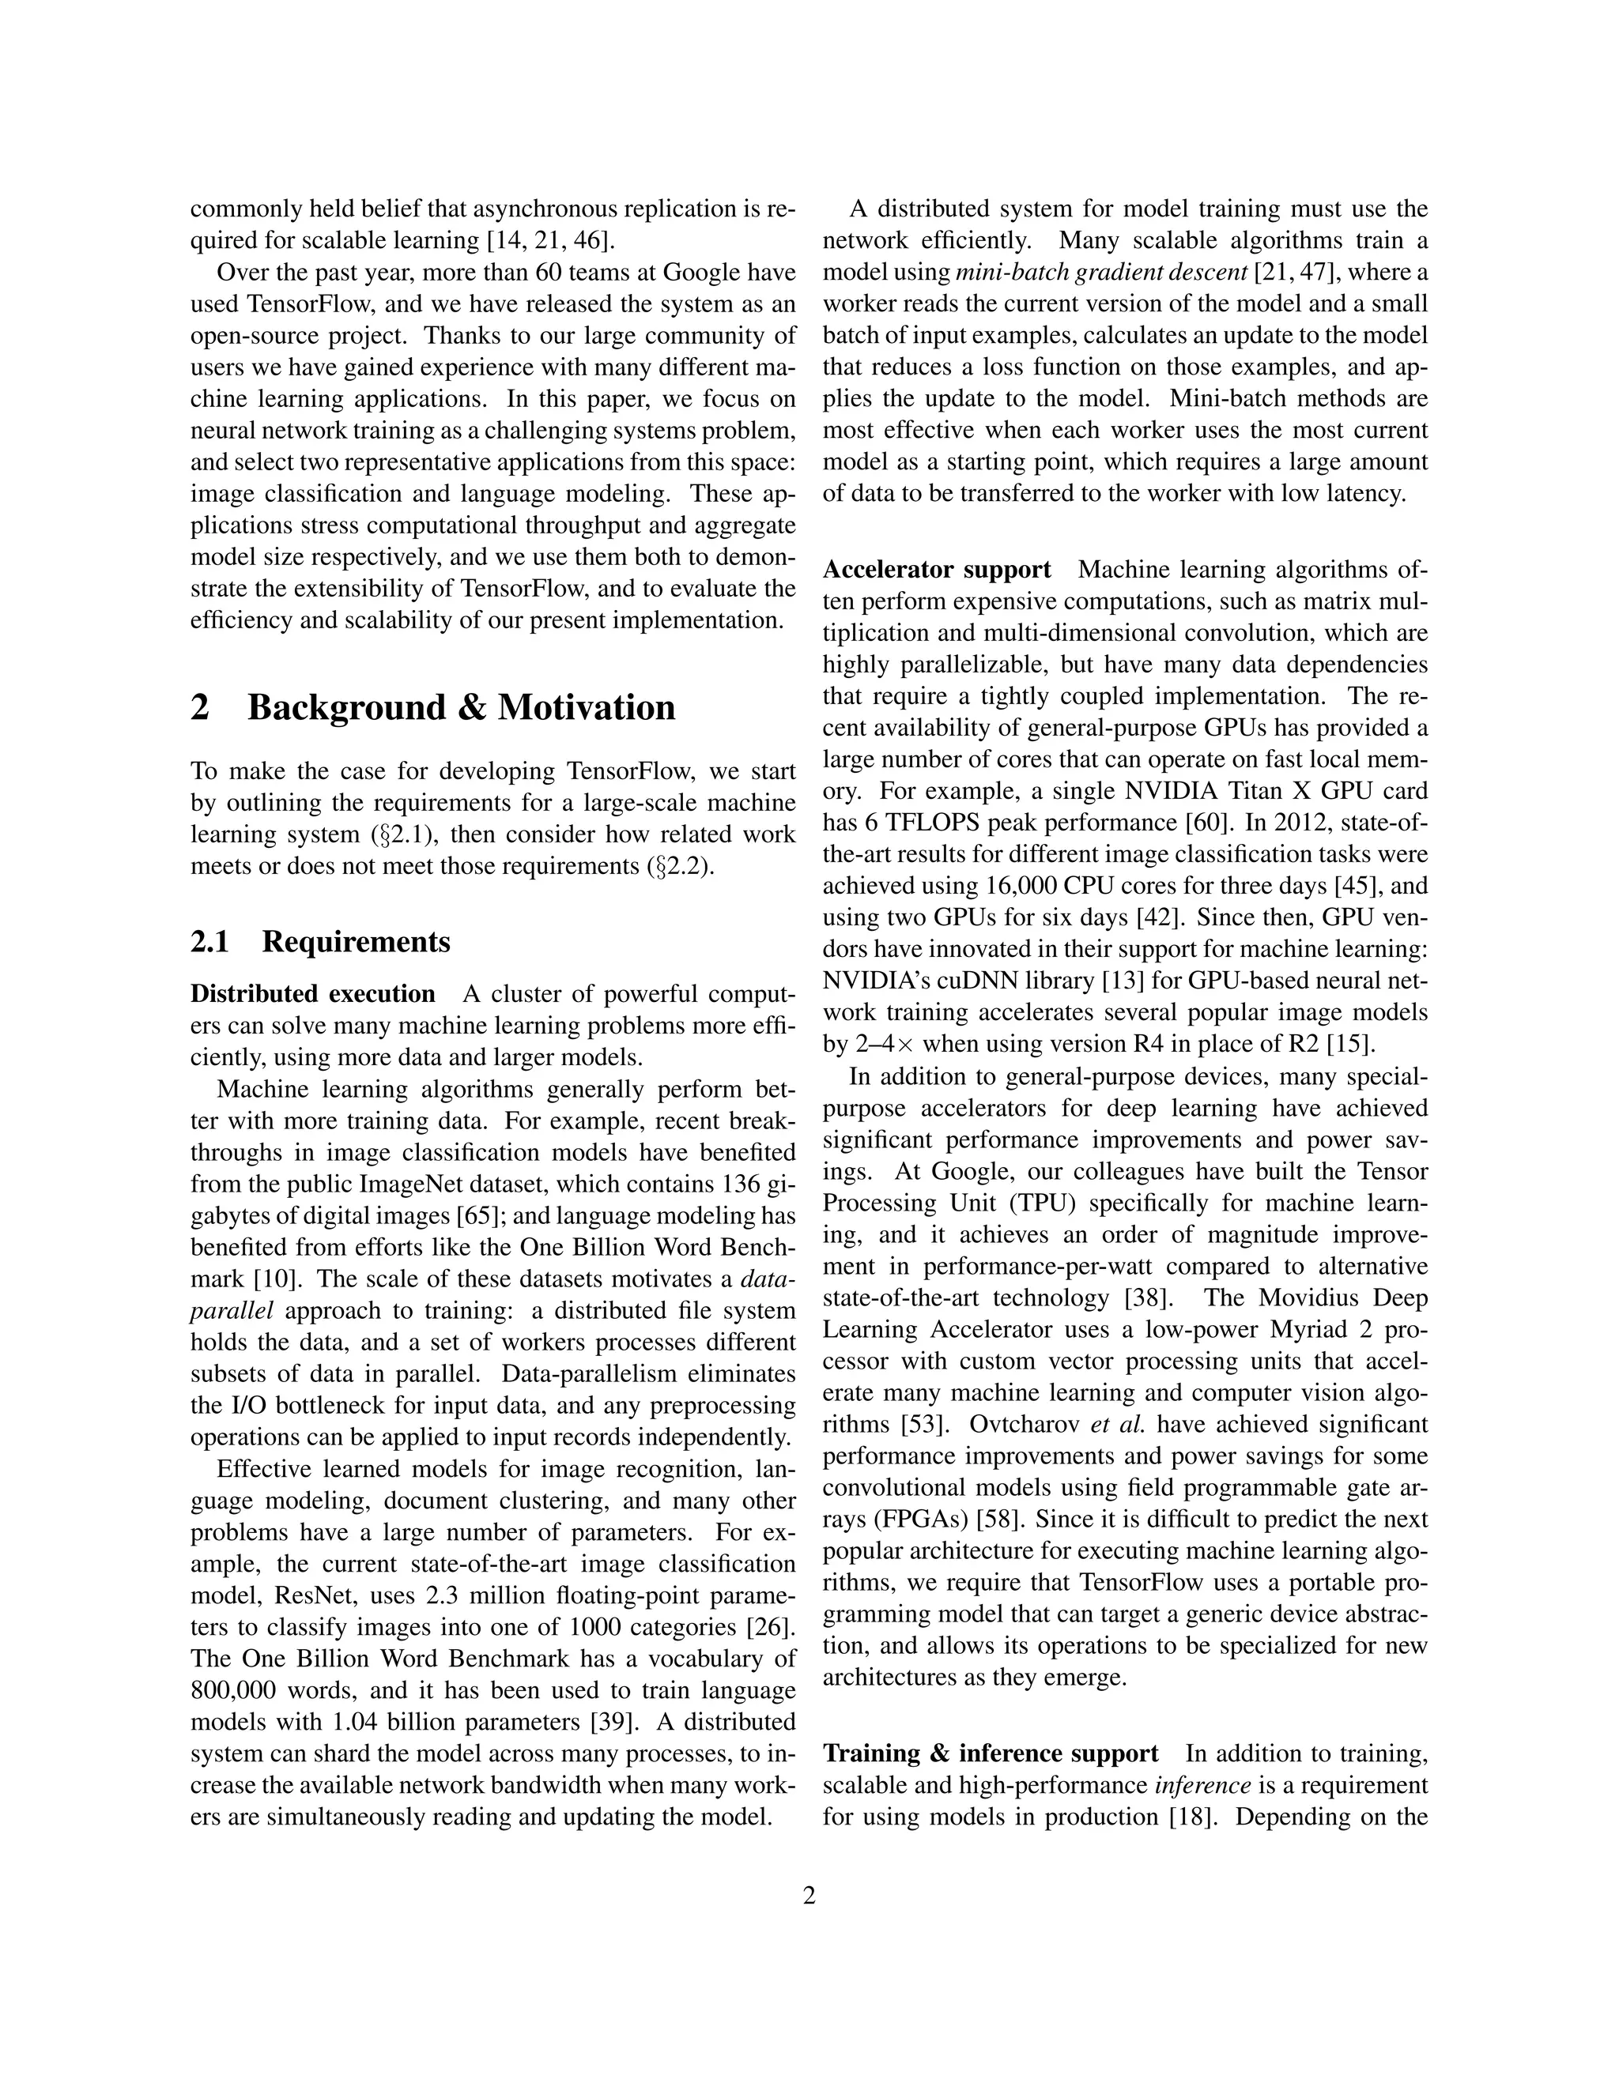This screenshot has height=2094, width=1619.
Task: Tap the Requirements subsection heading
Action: (356, 943)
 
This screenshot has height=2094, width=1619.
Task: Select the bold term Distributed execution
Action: (313, 993)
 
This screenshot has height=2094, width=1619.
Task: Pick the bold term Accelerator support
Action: (937, 570)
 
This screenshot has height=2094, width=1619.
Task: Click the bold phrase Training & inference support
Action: (991, 1753)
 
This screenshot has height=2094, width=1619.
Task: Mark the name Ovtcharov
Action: (1025, 1425)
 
